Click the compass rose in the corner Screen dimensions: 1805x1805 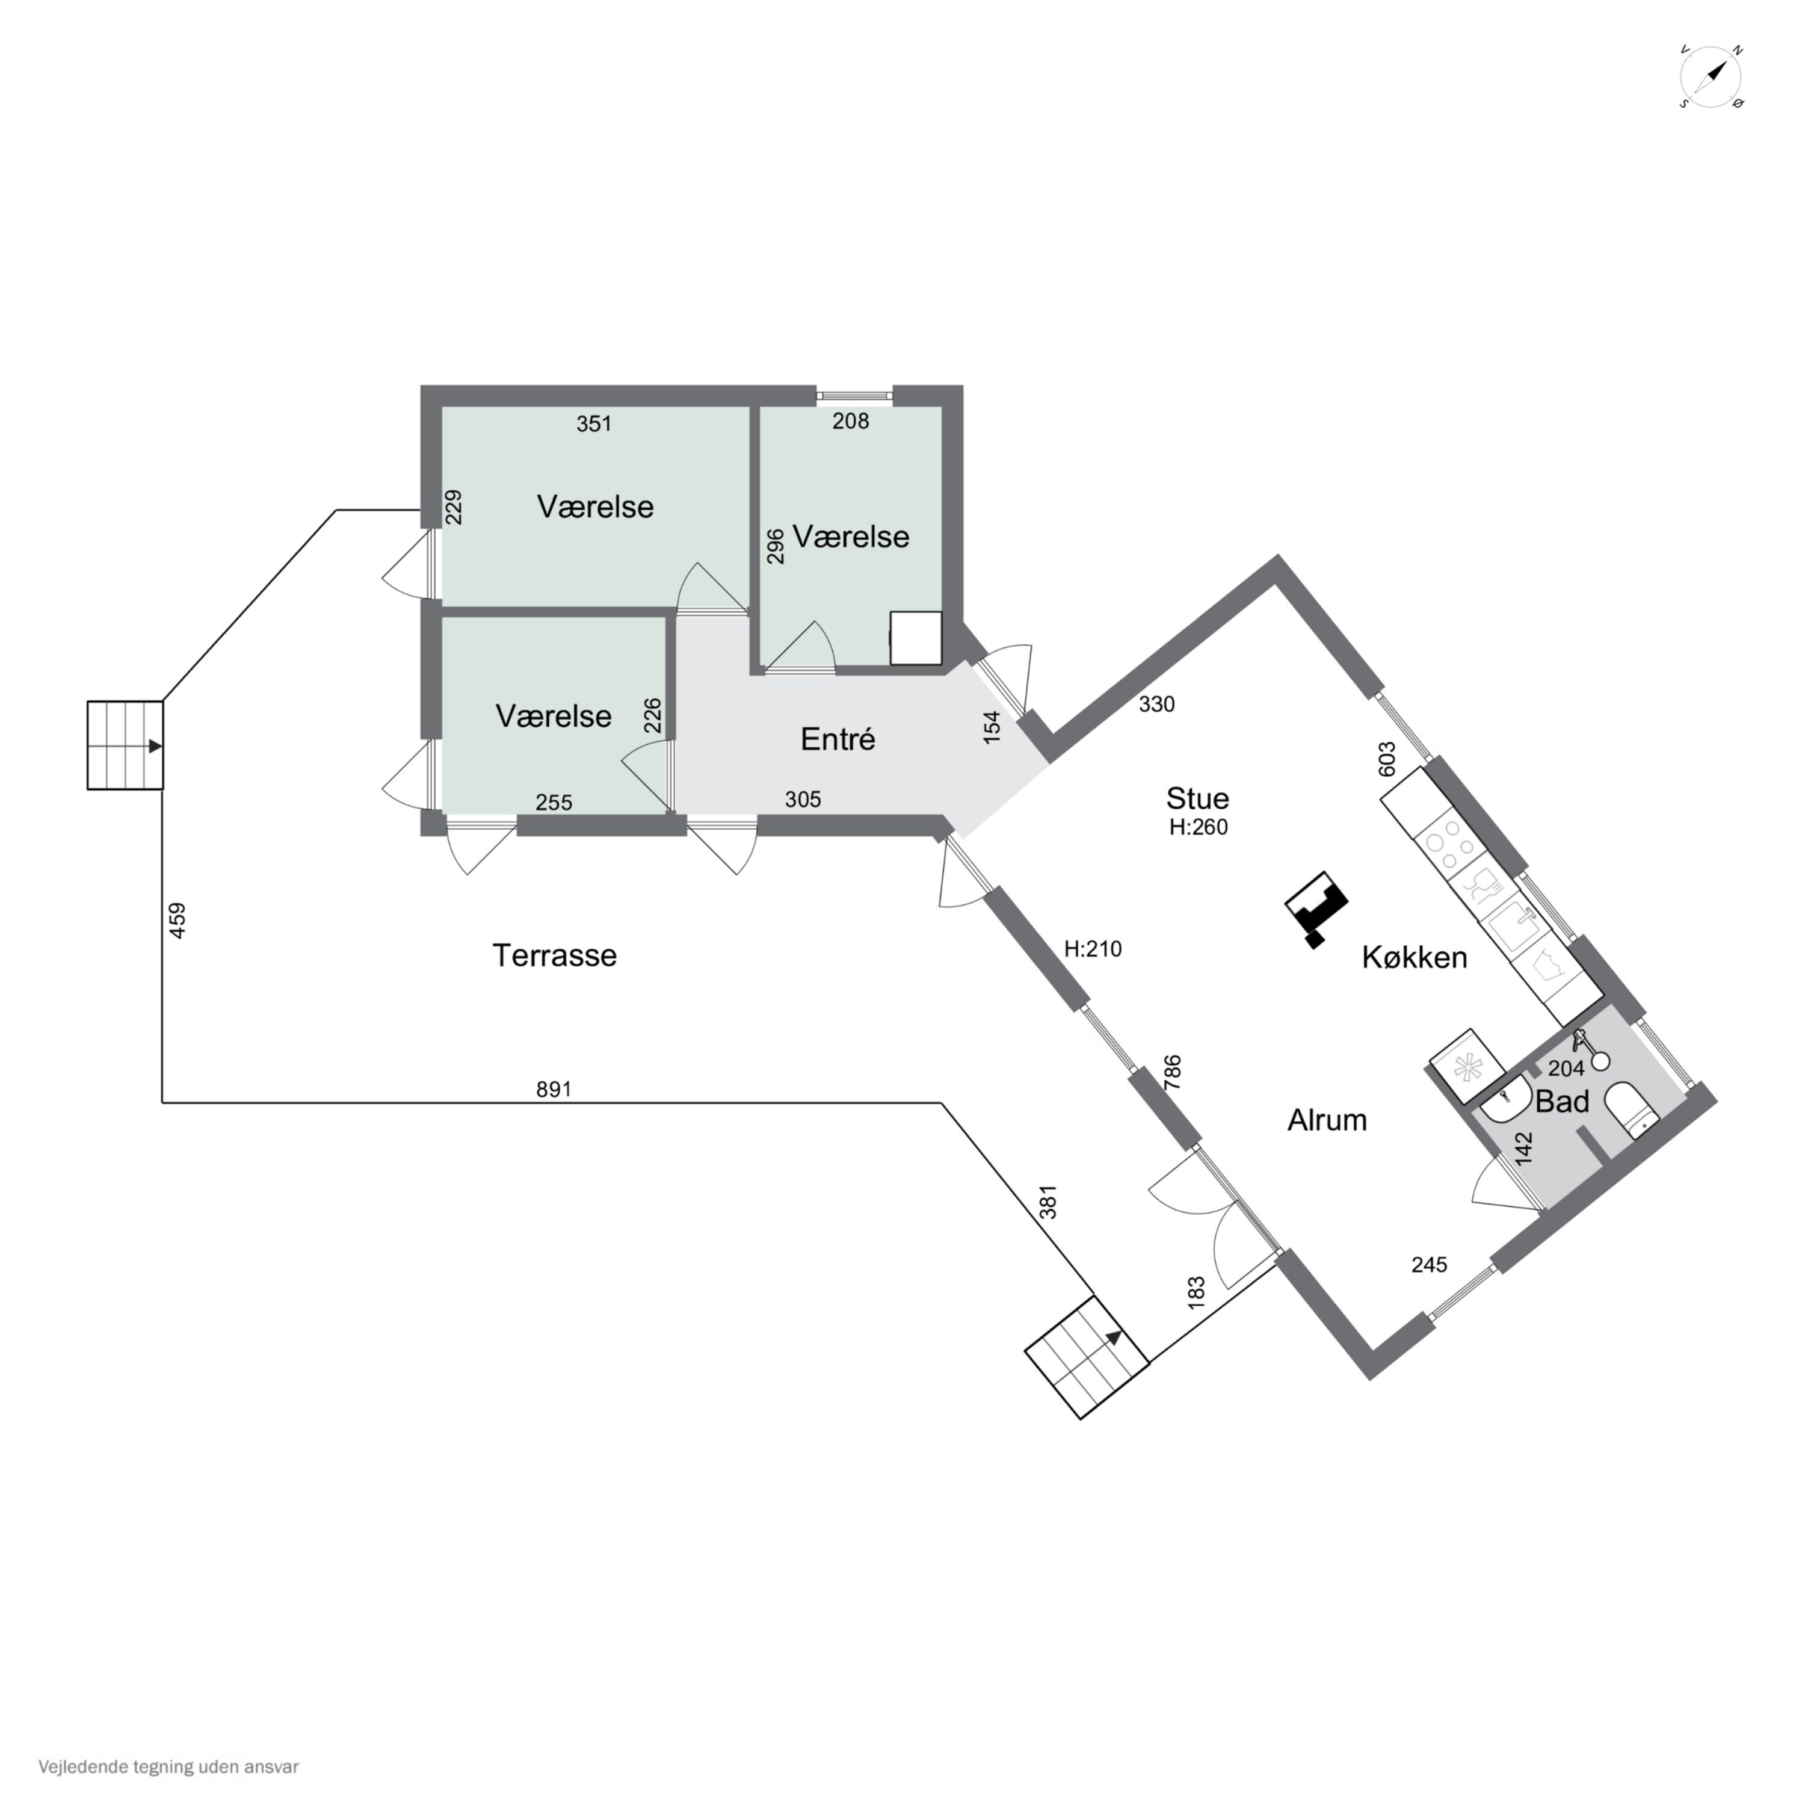tap(1712, 76)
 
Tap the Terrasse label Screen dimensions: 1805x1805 tap(554, 956)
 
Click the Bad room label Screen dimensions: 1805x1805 tap(1562, 1102)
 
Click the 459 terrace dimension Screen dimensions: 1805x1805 tap(176, 921)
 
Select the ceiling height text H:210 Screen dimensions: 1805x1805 tap(1093, 949)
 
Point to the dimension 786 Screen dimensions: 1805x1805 tap(1173, 1073)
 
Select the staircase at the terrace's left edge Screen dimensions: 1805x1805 tap(125, 745)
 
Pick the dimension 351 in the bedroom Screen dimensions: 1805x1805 tap(594, 424)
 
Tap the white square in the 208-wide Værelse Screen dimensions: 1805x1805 tap(916, 638)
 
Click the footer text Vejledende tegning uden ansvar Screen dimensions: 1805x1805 tap(169, 1766)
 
